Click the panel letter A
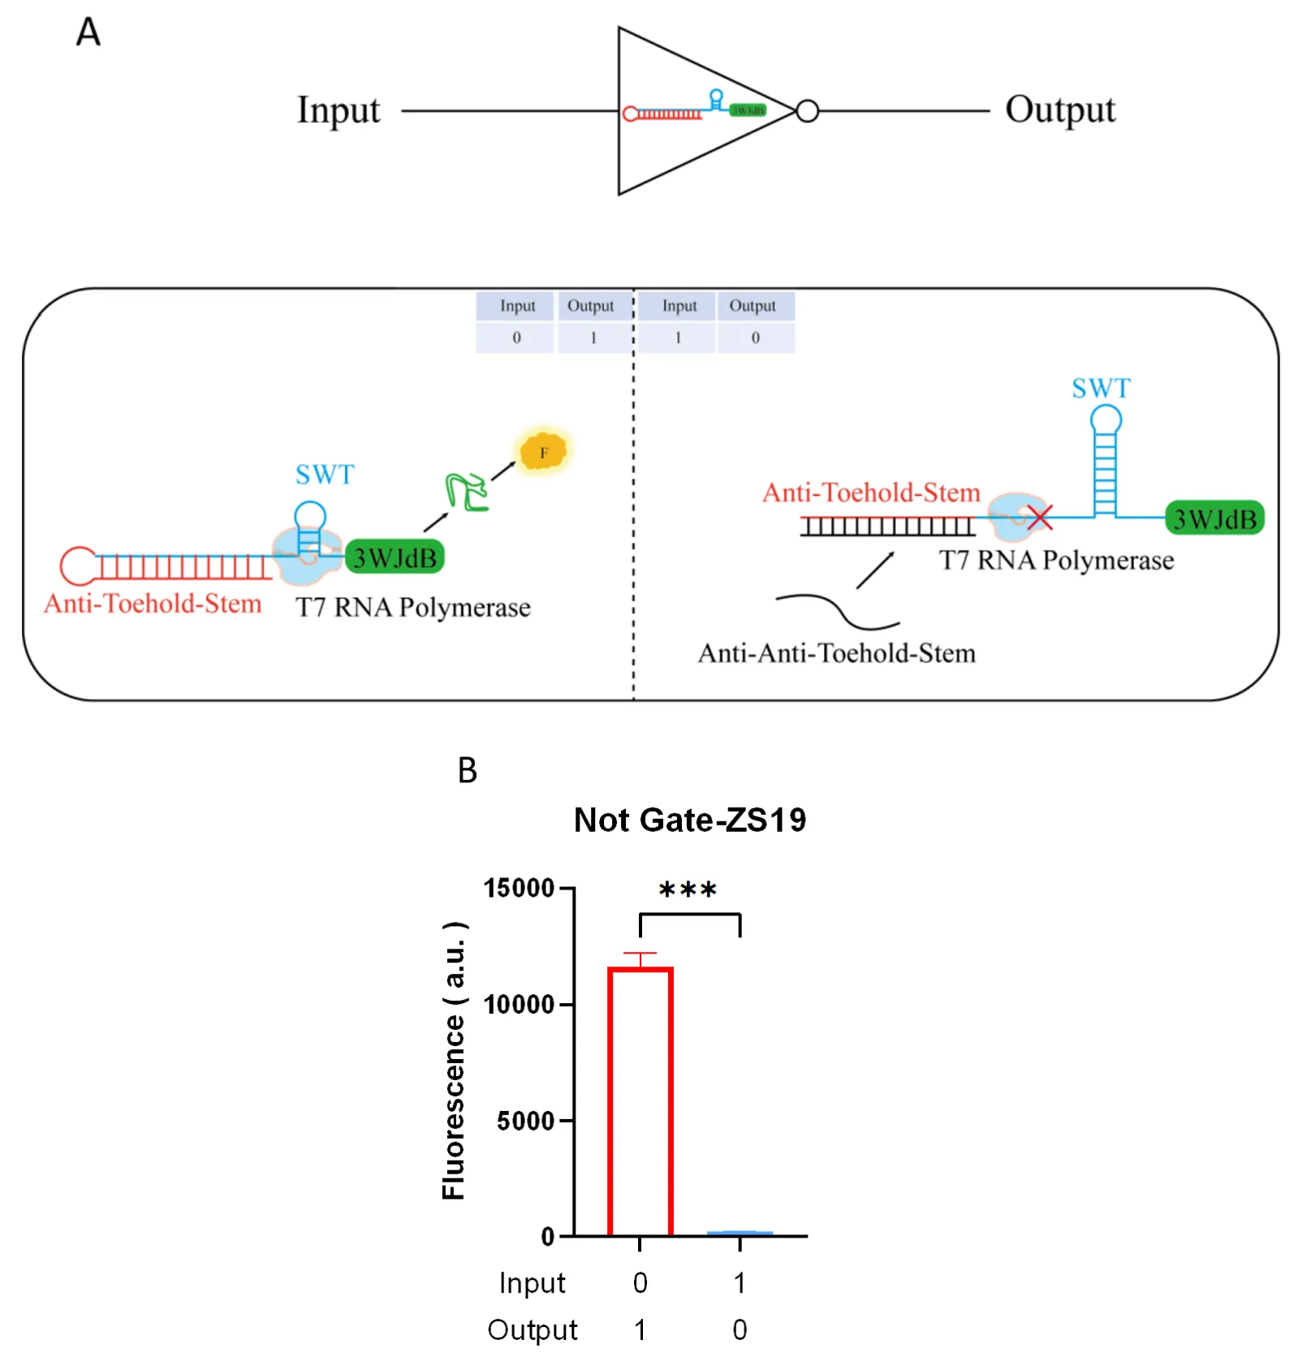point(88,32)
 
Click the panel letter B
point(468,770)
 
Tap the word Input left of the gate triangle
point(339,110)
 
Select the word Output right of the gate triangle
point(1060,110)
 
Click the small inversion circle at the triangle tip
point(807,111)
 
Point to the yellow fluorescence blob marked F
point(543,451)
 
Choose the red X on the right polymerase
point(1039,517)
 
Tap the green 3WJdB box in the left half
point(395,558)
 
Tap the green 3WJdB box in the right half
point(1214,518)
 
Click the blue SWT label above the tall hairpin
point(1101,388)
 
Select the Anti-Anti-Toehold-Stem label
point(837,653)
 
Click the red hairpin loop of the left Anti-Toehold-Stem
point(78,566)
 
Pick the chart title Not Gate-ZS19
point(690,820)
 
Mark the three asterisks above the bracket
point(688,890)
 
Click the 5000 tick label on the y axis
point(525,1121)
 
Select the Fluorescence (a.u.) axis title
point(453,1060)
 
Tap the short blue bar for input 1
point(740,1233)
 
